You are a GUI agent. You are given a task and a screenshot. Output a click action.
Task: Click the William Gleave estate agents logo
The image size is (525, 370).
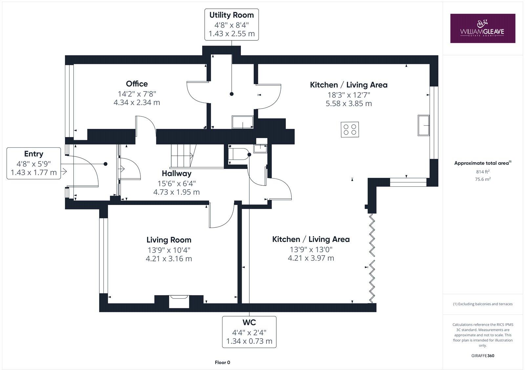point(483,28)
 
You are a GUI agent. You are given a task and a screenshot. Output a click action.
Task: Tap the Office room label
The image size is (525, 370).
point(137,84)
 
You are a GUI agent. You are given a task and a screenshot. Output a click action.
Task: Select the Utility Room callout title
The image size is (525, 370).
point(232,15)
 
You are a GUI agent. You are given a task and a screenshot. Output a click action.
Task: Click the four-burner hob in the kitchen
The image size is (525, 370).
point(350,129)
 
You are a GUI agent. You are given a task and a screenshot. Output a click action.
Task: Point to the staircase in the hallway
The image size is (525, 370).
point(183,156)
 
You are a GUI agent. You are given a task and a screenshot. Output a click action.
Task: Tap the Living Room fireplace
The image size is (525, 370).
point(179,301)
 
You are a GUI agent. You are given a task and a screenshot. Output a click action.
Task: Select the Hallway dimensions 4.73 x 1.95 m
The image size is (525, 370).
point(177,192)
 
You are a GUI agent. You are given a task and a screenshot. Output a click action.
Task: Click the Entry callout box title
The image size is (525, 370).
point(34,154)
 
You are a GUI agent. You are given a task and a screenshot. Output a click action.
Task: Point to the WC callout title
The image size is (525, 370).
point(249,322)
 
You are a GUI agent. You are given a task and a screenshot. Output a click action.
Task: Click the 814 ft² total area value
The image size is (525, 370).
point(483,172)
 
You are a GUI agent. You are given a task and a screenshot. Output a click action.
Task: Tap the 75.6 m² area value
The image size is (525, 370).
point(483,179)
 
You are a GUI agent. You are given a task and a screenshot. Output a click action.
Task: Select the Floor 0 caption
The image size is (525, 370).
point(222,362)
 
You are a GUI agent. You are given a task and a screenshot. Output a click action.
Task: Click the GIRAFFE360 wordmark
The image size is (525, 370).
point(483,356)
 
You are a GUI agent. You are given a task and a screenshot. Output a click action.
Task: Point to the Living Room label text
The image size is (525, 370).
point(169,240)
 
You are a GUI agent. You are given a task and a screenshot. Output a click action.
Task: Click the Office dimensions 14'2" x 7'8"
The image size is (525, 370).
point(137,94)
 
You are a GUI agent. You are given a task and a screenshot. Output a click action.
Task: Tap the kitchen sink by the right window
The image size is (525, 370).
point(424,125)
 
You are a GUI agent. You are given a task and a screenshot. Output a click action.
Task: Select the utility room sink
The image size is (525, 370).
point(242,122)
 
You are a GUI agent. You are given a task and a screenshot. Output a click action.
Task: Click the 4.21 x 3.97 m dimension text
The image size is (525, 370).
point(311,258)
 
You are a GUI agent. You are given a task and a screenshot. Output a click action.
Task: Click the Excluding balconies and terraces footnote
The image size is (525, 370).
point(483,304)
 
